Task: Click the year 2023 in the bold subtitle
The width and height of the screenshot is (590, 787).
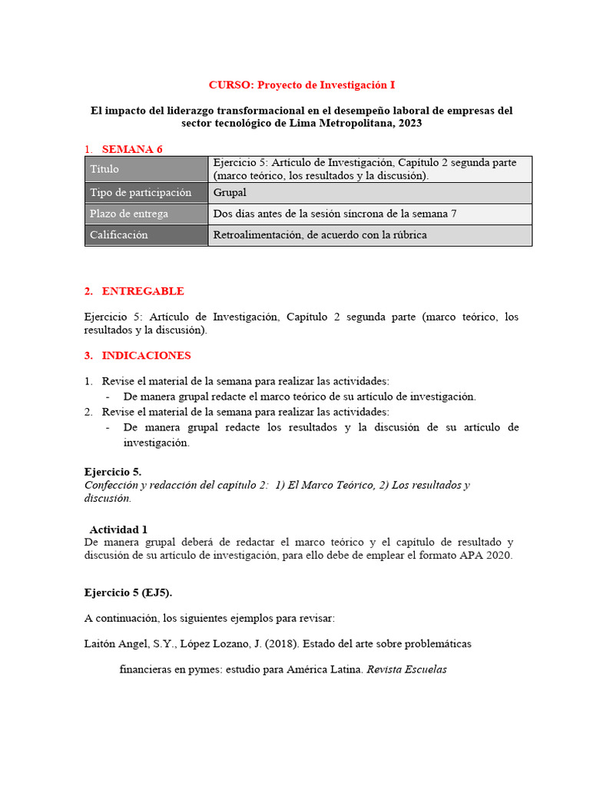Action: (407, 123)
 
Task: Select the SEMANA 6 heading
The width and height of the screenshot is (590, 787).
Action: (132, 149)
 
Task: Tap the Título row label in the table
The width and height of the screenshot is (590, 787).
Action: (104, 169)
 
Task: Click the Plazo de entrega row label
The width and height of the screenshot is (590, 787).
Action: (129, 214)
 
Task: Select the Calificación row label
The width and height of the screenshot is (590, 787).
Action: (119, 234)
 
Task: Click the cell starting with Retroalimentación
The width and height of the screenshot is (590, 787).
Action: (320, 234)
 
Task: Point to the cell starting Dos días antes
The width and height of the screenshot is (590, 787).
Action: (334, 214)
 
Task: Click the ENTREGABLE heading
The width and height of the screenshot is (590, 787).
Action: (143, 291)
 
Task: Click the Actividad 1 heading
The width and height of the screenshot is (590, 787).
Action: (118, 530)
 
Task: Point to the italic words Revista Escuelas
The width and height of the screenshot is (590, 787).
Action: (406, 669)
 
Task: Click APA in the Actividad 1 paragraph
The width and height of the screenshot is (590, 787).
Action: (469, 556)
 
